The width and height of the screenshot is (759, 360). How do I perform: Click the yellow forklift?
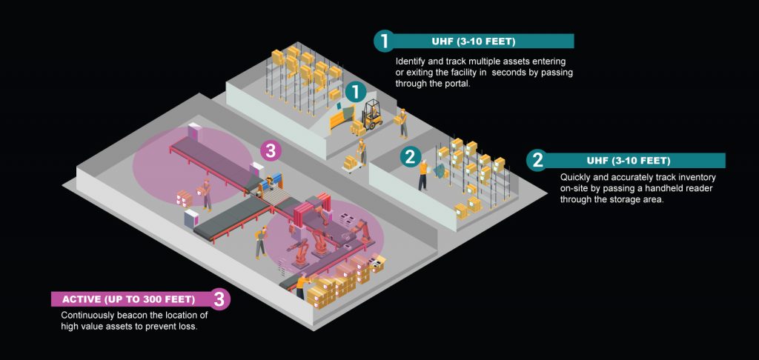369,113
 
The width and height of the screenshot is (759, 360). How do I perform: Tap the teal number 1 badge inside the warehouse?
356,92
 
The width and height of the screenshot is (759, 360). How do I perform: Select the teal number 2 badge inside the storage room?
409,156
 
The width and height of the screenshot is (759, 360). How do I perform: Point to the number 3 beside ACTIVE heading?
219,299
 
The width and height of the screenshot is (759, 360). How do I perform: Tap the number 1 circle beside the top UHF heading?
383,41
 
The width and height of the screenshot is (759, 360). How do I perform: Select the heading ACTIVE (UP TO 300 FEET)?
129,299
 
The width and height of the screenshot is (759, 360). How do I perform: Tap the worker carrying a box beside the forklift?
402,122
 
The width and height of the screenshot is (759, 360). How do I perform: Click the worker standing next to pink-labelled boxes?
206,193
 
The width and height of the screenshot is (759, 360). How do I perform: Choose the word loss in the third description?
188,327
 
